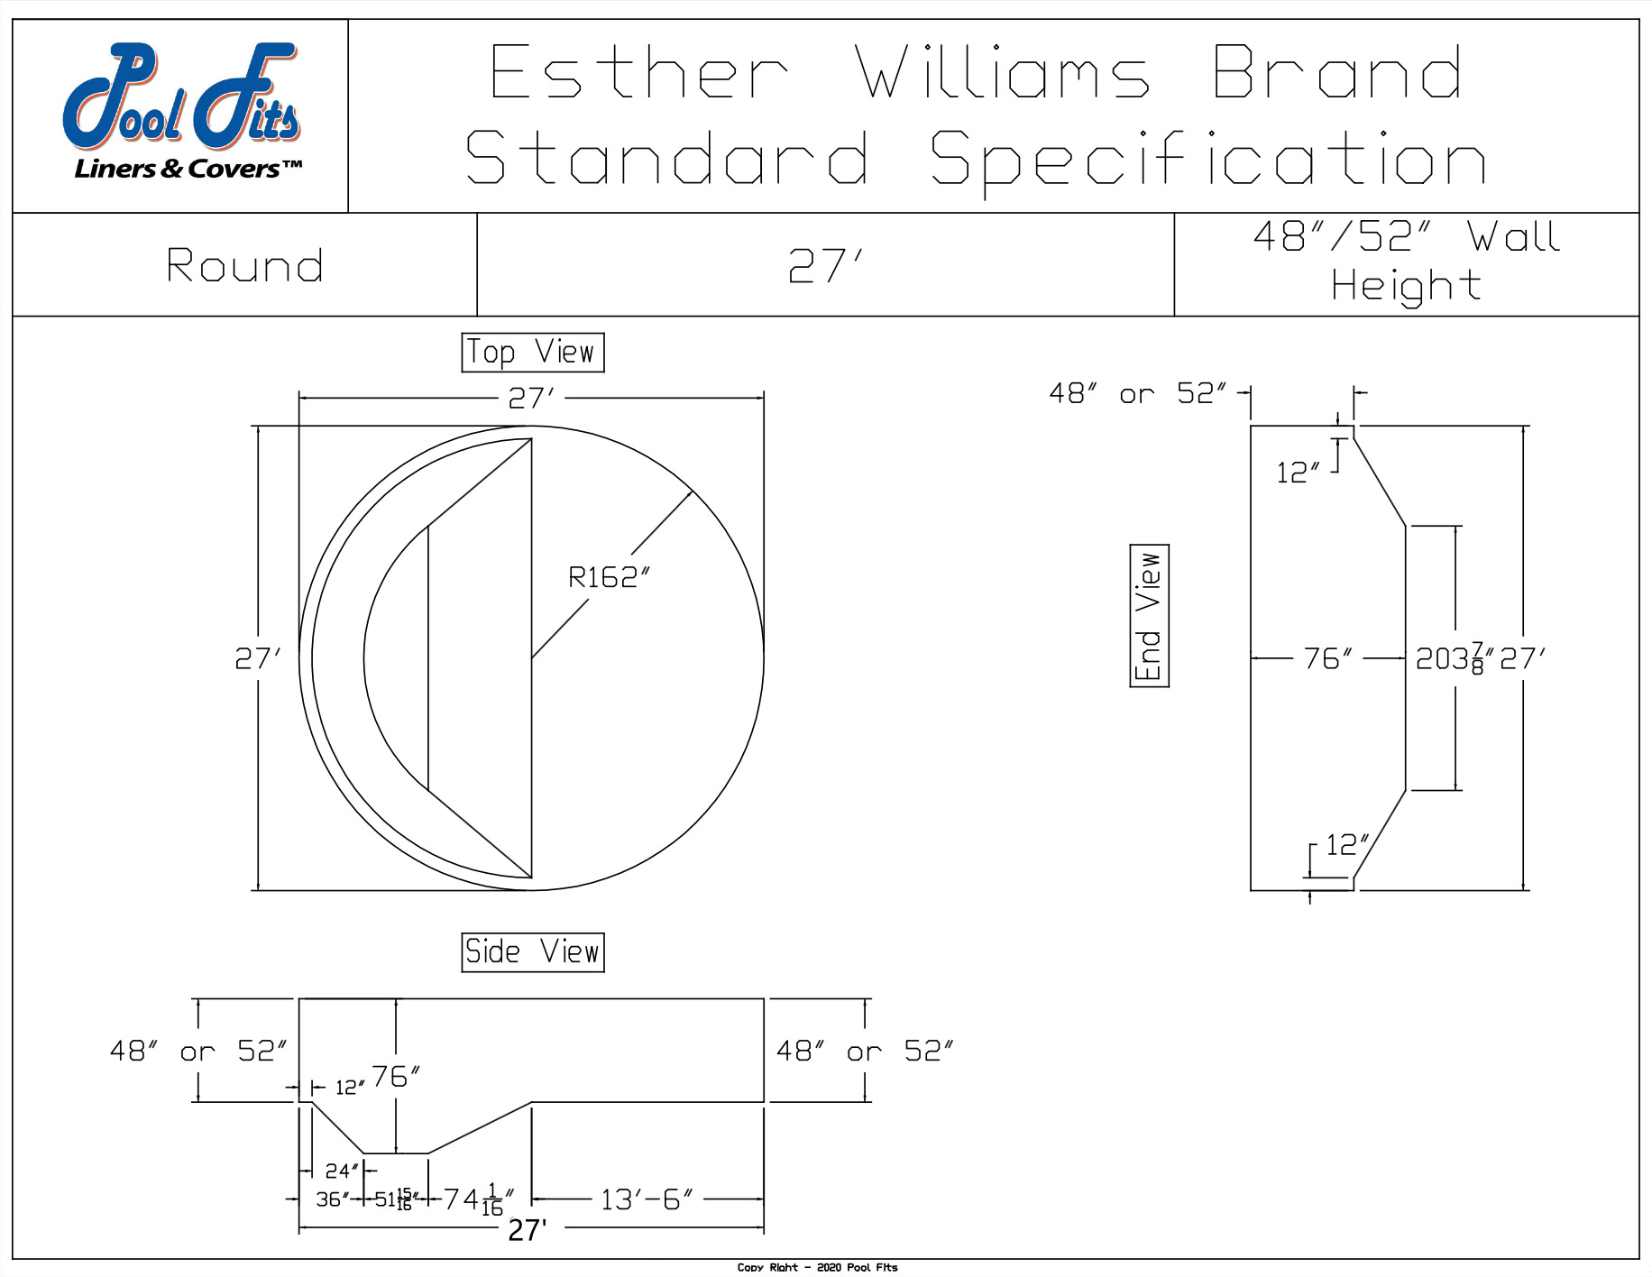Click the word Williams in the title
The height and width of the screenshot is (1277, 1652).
coord(1002,73)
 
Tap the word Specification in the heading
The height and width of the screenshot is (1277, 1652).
coord(1207,159)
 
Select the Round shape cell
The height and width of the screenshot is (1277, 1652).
coord(244,266)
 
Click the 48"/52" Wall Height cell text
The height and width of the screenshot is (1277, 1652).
coord(1406,262)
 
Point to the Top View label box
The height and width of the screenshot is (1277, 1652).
coord(532,352)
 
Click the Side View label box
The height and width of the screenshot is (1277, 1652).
coord(532,952)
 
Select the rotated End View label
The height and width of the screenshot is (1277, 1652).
coord(1149,616)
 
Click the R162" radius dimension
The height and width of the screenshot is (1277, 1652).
coord(609,577)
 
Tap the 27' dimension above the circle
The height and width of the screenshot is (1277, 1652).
coord(531,398)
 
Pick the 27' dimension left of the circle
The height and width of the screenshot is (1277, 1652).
coord(258,659)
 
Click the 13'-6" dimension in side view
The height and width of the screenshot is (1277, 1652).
coord(647,1200)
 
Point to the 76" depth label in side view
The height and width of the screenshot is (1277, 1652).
coord(396,1077)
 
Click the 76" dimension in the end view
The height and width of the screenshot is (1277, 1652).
coord(1327,659)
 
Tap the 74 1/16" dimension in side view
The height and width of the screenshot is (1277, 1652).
coord(478,1200)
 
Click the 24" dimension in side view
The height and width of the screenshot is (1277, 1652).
coord(342,1171)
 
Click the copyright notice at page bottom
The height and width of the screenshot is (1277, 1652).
coord(817,1267)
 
